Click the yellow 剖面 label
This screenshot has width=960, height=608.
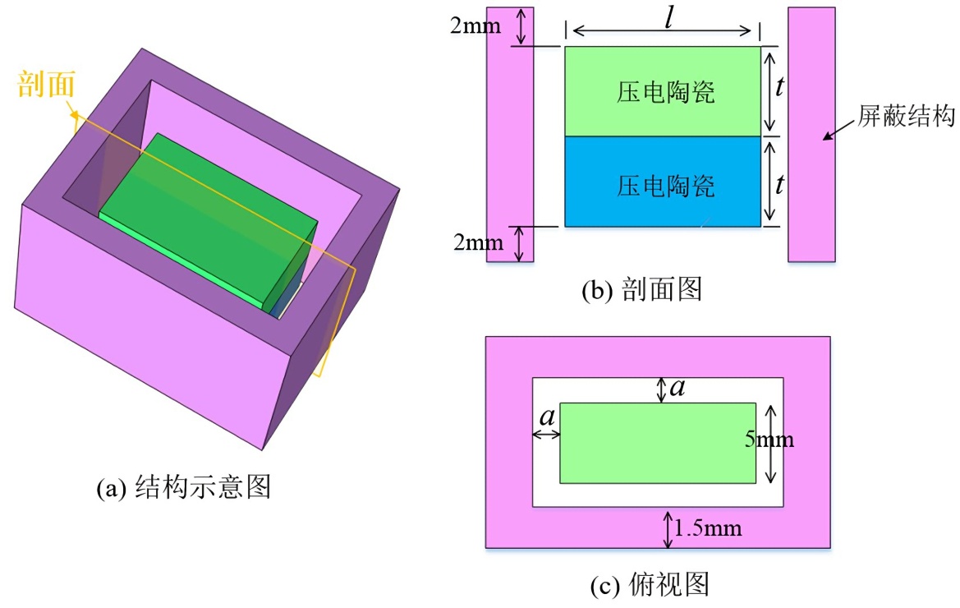[x=48, y=84]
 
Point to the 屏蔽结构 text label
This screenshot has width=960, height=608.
[x=907, y=117]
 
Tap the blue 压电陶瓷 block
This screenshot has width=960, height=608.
[x=663, y=182]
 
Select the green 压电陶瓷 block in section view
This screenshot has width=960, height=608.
[x=663, y=90]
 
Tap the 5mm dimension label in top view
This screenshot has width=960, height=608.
[x=769, y=440]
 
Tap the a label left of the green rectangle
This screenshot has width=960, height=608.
[x=545, y=417]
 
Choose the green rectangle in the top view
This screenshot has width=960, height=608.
[x=657, y=443]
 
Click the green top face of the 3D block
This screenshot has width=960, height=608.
[x=205, y=205]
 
